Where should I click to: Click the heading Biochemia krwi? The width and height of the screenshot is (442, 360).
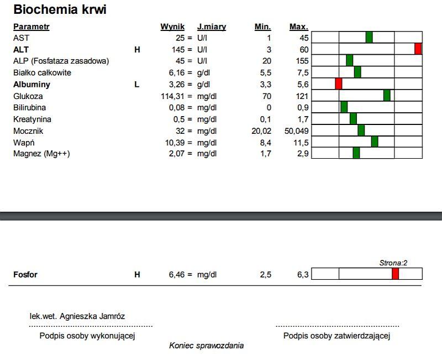pyautogui.click(x=60, y=9)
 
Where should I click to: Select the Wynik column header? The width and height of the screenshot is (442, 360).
pyautogui.click(x=172, y=27)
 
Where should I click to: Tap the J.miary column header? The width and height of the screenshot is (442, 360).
pyautogui.click(x=212, y=27)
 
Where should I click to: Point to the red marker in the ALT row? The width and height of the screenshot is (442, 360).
pyautogui.click(x=418, y=49)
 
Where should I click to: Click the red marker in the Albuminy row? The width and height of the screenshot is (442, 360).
pyautogui.click(x=339, y=84)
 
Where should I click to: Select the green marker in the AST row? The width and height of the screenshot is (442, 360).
pyautogui.click(x=369, y=37)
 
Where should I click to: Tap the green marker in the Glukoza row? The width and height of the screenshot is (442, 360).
pyautogui.click(x=387, y=95)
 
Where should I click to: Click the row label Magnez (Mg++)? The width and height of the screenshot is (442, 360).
pyautogui.click(x=41, y=154)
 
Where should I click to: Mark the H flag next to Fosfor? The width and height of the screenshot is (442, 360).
pyautogui.click(x=138, y=274)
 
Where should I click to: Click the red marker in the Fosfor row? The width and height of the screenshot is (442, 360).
pyautogui.click(x=395, y=274)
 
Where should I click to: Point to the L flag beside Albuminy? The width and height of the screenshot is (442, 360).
pyautogui.click(x=137, y=85)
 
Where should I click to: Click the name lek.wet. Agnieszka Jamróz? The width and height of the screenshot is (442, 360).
pyautogui.click(x=77, y=316)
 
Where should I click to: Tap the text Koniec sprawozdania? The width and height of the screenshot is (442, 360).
pyautogui.click(x=206, y=346)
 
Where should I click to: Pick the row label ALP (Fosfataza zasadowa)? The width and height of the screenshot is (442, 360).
pyautogui.click(x=61, y=61)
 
